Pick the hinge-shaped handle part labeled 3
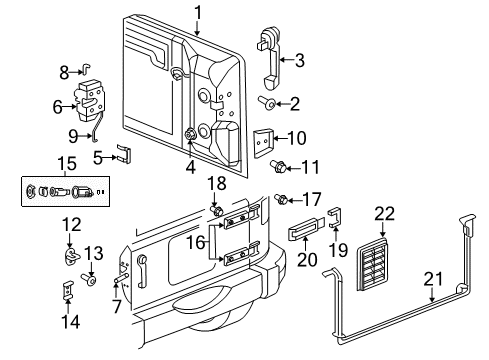click(271, 58)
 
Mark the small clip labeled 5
click(123, 155)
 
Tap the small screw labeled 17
click(283, 198)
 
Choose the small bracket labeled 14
click(70, 293)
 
